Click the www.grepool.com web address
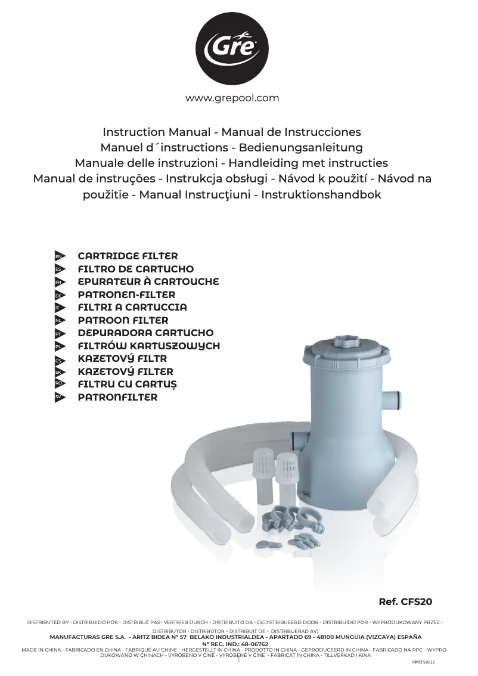pos(232,98)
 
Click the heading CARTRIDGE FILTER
pos(128,256)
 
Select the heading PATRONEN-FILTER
pos(126,294)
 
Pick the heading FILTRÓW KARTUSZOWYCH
pos(148,346)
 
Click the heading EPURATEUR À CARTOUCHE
pos(148,281)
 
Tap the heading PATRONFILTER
pos(117,397)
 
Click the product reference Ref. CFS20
pos(405,602)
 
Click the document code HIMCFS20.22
pos(423,662)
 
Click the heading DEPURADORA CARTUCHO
pos(145,333)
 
